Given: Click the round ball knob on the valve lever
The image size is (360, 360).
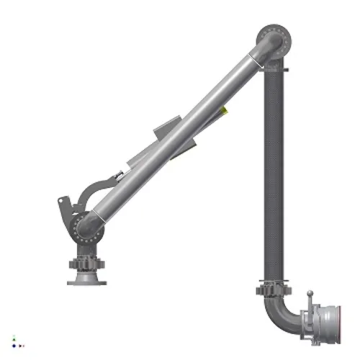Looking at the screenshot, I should (310, 292).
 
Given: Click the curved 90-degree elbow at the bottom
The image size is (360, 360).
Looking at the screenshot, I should (278, 320).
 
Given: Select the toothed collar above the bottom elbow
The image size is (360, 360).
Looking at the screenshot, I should (273, 291).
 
